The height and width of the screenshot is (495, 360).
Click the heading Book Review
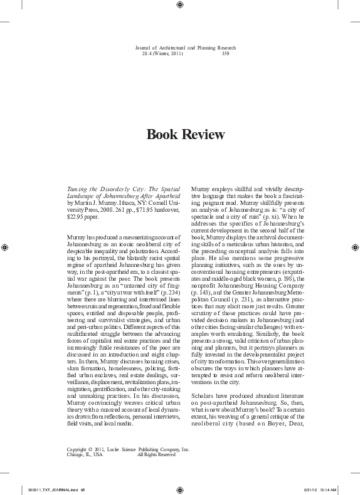pos(179,135)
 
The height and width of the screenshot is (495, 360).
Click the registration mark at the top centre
pos(180,5)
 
